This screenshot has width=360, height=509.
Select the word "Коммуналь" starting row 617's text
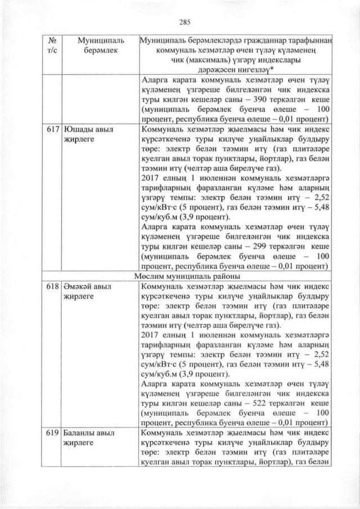click(162, 129)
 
